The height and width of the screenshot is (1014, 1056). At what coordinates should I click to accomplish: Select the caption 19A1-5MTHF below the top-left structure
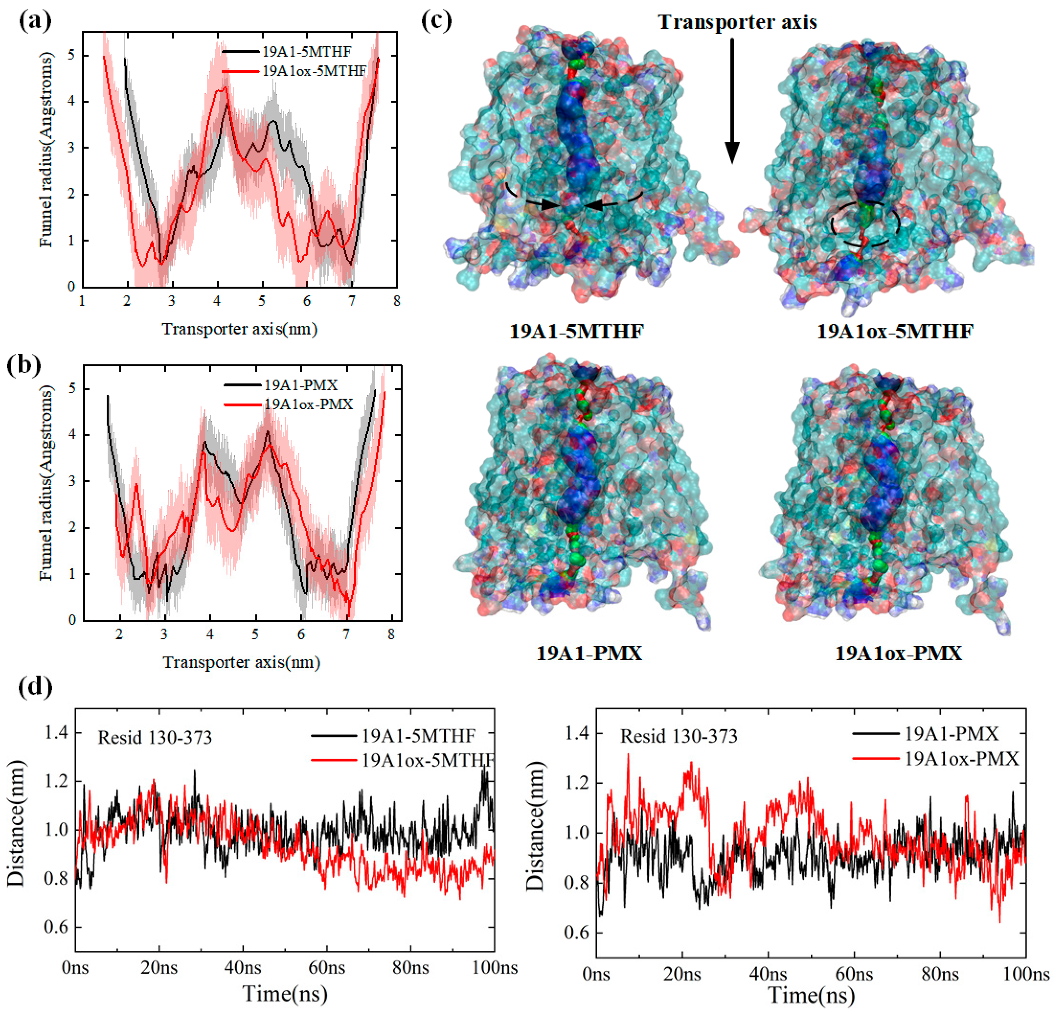click(x=577, y=330)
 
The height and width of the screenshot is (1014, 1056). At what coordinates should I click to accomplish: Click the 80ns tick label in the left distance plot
click(x=410, y=967)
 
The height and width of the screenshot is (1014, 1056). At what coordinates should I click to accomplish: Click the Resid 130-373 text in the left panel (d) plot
click(x=155, y=737)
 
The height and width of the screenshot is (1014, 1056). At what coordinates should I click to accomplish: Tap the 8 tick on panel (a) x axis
click(x=397, y=301)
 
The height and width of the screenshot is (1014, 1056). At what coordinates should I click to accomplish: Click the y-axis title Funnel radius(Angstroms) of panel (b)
click(x=47, y=483)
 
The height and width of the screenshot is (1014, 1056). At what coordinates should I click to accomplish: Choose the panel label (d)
click(x=35, y=687)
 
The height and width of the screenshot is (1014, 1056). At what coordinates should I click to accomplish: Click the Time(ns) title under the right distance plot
click(x=811, y=995)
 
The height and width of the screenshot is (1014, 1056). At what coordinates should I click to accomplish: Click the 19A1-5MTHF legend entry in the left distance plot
click(x=418, y=735)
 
